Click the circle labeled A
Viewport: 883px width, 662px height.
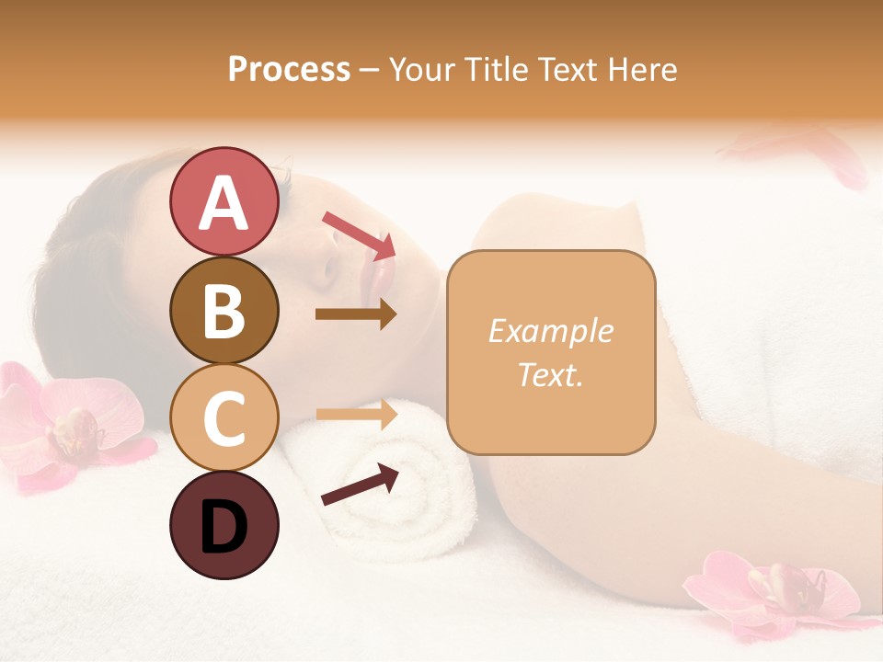[x=224, y=202]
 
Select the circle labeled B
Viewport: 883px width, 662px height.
[x=224, y=310]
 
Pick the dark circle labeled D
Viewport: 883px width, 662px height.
[x=224, y=525]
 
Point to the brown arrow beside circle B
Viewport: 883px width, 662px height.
[x=356, y=314]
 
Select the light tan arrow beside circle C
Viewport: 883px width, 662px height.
[x=356, y=415]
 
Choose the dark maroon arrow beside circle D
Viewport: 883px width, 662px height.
[x=360, y=485]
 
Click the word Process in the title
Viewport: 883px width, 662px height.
[x=289, y=69]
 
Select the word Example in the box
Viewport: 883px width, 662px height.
[x=550, y=331]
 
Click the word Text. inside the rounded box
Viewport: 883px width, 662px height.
[x=550, y=374]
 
